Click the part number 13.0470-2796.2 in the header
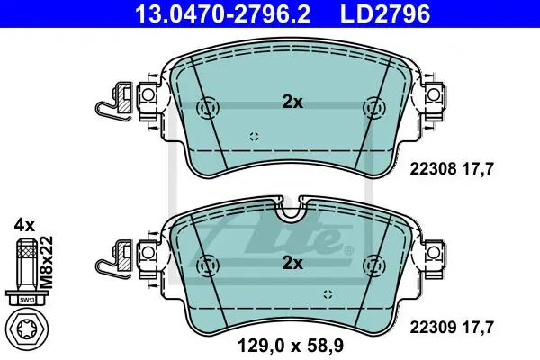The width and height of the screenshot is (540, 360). click(223, 13)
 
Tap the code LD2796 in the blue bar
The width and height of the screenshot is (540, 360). click(385, 13)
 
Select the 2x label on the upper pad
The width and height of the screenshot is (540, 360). click(292, 103)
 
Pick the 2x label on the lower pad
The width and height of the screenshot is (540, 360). click(292, 264)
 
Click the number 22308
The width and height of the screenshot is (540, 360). click(433, 169)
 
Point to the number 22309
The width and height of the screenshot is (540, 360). click(433, 327)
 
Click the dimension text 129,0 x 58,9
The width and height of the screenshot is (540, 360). click(291, 346)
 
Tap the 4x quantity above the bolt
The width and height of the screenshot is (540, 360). click(24, 226)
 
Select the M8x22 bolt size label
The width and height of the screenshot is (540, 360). click(46, 262)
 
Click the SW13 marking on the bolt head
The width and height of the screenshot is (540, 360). click(26, 301)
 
